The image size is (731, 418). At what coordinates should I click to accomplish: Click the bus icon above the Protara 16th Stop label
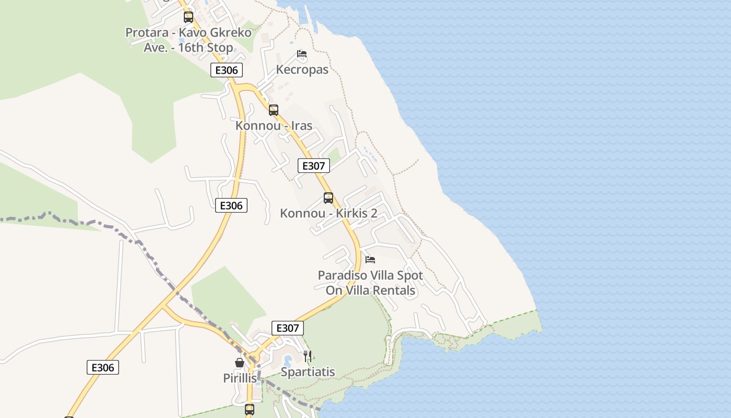[x=188, y=17]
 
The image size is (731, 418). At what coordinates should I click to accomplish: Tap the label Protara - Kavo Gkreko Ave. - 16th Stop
[x=188, y=40]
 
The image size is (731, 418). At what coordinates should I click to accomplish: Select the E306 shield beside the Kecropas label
[x=227, y=70]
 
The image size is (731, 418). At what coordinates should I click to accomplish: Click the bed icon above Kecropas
[x=301, y=53]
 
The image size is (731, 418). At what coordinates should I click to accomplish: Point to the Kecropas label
[x=302, y=69]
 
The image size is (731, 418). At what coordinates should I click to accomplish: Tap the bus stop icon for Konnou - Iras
[x=274, y=110]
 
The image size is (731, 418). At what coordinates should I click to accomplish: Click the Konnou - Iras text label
[x=274, y=125]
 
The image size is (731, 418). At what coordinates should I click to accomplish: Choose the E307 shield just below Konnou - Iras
[x=314, y=166]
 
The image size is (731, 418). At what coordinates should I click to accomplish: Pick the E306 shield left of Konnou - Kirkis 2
[x=231, y=205]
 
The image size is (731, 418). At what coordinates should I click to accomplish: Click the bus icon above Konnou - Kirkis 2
[x=328, y=198]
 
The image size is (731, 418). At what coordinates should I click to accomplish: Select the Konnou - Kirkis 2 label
[x=328, y=213]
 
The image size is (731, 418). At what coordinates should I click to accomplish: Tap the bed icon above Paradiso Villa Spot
[x=370, y=260]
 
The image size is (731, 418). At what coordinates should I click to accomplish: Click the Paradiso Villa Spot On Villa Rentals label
[x=371, y=283]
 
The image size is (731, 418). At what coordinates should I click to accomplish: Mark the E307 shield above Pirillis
[x=288, y=328]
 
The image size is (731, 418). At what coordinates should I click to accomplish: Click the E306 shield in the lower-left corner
[x=103, y=367]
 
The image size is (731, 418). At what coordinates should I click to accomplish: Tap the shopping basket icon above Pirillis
[x=240, y=362]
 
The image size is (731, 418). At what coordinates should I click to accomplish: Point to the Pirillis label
[x=240, y=378]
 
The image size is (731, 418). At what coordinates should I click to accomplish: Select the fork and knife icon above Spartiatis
[x=308, y=356]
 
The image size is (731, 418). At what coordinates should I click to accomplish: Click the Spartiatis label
[x=308, y=372]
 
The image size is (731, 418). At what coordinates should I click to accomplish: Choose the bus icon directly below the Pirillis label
[x=250, y=409]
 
